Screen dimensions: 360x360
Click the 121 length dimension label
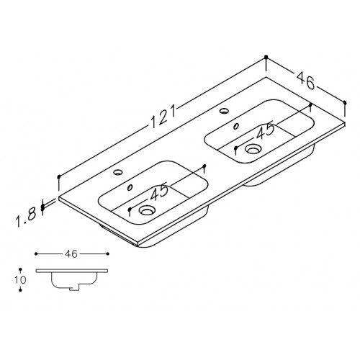163,117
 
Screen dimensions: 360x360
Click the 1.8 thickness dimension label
26,217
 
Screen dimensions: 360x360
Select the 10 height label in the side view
20,280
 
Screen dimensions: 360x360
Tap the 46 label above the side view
71,254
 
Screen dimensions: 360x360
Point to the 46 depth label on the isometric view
305,81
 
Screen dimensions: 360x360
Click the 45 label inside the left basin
159,192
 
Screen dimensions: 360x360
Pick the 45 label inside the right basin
265,130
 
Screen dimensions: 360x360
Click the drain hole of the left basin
146,210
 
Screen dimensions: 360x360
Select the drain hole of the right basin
252,148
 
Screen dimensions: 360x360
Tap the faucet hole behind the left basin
118,172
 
